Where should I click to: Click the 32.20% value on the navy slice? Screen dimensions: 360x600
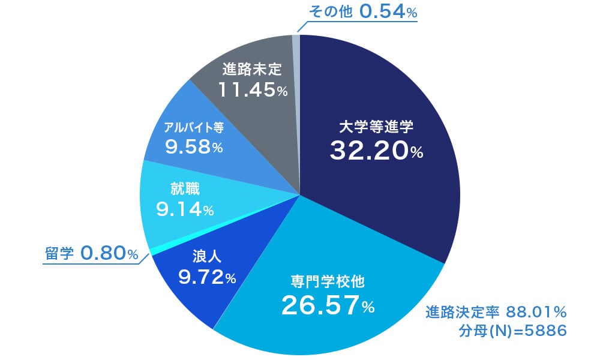tap(376, 150)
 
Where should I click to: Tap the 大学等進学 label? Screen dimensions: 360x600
tap(376, 127)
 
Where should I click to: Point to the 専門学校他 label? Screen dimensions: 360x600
tap(328, 281)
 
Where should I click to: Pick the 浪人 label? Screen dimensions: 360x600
tap(207, 257)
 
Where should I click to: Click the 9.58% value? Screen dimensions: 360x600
tap(193, 146)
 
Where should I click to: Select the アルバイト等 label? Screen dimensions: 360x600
tap(193, 128)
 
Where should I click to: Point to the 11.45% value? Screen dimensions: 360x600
tap(252, 89)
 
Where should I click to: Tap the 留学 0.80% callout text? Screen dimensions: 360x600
tap(92, 254)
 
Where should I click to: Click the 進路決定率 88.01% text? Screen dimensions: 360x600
tap(495, 312)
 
